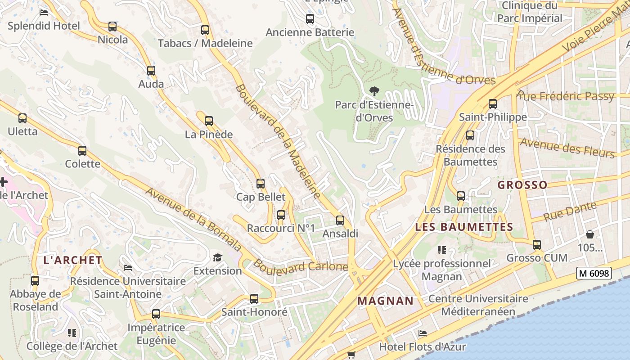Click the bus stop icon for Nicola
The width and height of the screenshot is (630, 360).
point(112,27)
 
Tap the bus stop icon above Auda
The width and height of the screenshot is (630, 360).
point(151,71)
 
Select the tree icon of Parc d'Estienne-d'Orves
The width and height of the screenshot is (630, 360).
point(373,92)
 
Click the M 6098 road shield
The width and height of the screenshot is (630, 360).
point(594,273)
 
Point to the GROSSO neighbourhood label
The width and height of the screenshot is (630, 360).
point(522,185)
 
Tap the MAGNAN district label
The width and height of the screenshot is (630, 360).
point(385,301)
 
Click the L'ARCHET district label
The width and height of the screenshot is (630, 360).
point(73,260)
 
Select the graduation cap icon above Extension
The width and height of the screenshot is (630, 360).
point(218,257)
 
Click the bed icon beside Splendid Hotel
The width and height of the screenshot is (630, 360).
point(44,13)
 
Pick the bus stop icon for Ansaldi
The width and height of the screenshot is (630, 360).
point(340,220)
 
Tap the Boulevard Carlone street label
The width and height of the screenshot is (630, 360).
point(300,265)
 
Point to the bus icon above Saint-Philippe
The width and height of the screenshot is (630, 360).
point(493,104)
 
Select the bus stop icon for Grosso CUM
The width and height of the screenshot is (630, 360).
point(537,245)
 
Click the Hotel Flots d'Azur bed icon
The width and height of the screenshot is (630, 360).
point(423,333)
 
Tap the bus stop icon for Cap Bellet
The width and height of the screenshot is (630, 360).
point(261,184)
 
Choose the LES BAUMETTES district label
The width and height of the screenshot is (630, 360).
point(464,227)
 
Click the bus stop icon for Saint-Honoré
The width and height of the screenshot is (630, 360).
point(254,299)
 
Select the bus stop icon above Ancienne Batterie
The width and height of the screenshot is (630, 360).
point(310,19)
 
